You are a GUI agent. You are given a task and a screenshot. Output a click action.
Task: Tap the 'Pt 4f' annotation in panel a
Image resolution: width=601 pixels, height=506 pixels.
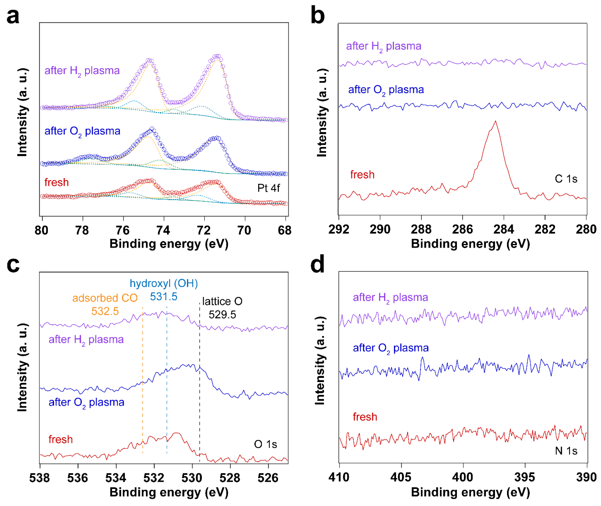[x=268, y=188]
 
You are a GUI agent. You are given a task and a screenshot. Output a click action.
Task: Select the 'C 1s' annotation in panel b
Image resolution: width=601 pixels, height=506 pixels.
[x=566, y=179]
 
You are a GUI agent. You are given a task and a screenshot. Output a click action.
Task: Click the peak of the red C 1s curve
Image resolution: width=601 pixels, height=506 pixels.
[x=495, y=122]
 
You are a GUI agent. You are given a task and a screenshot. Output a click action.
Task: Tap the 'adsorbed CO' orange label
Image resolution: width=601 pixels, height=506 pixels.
[x=105, y=298]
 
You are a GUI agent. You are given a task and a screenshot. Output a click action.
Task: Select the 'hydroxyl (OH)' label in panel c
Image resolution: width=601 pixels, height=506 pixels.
[x=164, y=283]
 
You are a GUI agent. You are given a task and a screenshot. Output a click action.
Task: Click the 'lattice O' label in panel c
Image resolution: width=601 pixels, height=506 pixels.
[x=222, y=301]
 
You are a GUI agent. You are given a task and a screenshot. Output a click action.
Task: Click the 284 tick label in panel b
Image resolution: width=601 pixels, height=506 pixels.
[x=503, y=229]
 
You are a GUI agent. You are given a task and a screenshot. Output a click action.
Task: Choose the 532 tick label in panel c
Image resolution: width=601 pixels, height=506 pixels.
[x=154, y=478]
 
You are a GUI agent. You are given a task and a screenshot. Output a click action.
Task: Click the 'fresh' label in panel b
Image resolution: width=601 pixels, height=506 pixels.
[x=362, y=175]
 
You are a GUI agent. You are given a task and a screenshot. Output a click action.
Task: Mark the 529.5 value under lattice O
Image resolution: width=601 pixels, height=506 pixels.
[x=222, y=315]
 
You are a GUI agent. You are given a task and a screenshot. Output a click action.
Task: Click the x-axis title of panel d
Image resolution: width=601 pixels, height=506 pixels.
[x=470, y=492]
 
